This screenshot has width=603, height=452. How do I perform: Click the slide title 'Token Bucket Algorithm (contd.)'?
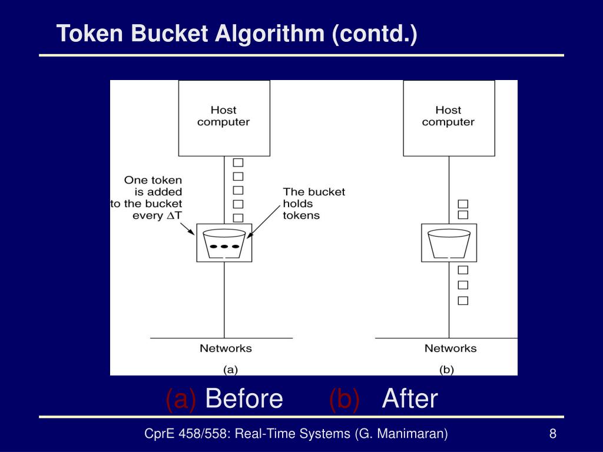237,34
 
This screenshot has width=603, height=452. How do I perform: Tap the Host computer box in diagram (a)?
224,118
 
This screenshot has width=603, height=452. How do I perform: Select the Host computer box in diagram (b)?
449,118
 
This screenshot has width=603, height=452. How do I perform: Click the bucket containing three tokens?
224,243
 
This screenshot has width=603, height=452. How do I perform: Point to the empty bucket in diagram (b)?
449,243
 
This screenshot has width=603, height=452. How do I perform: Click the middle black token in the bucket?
224,246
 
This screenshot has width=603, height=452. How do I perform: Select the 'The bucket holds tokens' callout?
313,203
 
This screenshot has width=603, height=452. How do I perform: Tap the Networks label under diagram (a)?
226,348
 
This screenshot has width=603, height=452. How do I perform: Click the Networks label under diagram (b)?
450,348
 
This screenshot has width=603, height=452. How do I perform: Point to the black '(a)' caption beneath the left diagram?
230,370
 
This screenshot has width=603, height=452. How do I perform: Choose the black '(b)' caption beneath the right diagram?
446,370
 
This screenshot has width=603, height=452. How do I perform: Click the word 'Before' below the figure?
244,399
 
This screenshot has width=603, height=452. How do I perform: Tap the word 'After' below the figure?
410,399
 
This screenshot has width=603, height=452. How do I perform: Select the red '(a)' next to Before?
181,399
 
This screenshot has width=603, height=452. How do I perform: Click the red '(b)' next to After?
344,399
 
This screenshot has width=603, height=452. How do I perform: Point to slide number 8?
553,434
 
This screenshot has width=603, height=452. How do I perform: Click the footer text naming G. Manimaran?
296,434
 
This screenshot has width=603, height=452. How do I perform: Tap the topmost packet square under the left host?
238,163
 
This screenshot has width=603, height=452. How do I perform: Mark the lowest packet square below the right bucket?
463,301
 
